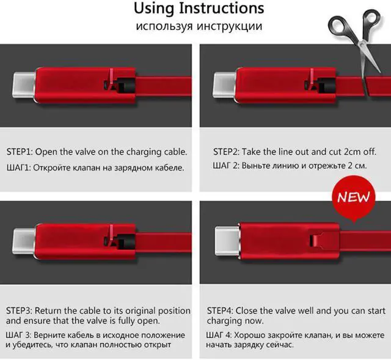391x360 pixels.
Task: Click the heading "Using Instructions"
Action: tap(199, 9)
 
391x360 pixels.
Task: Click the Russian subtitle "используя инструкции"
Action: tap(199, 26)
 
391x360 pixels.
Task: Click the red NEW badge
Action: tap(354, 197)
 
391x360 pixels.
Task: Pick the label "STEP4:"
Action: tap(220, 311)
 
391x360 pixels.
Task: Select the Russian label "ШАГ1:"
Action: tap(18, 167)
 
